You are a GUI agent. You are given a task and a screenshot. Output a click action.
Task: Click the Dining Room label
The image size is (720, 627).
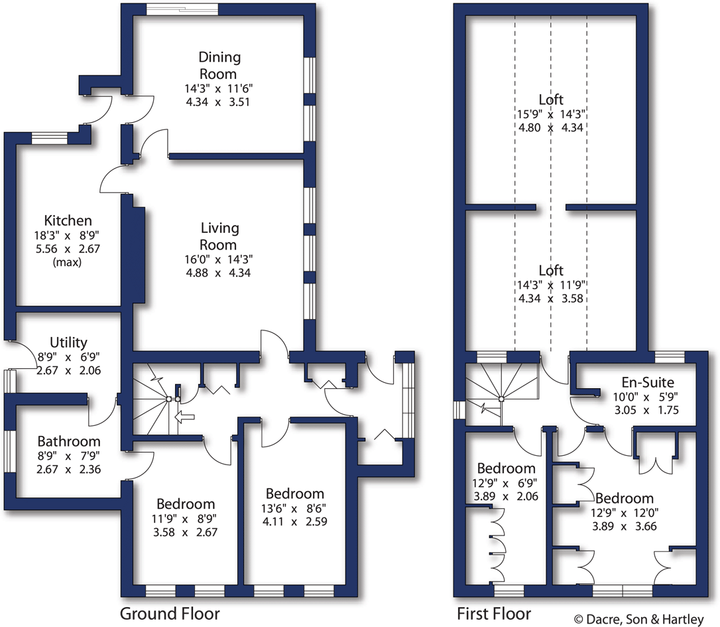coord(219,65)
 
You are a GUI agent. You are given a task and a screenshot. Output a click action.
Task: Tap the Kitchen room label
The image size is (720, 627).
coord(68,220)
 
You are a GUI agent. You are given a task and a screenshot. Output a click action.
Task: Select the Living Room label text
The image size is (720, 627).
coord(219,236)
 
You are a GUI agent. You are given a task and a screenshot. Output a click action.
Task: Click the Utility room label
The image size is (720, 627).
coord(69,342)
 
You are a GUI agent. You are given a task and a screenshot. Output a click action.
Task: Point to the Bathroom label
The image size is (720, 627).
coord(69,441)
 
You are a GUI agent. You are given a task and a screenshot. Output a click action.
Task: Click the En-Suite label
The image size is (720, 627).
coord(647,382)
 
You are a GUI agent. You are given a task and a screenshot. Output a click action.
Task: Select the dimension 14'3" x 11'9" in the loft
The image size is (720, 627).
coord(551,285)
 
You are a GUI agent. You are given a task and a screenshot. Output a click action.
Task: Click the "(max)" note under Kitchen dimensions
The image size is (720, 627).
coord(68,261)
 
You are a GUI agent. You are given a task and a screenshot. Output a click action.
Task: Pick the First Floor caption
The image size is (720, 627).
coord(493,612)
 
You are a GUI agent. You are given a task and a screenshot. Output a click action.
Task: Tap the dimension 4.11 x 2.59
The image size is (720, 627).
coord(295,521)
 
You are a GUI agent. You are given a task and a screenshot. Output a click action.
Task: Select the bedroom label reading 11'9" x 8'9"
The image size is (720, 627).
coord(185,518)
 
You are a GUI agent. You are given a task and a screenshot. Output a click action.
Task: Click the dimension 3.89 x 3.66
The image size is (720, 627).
coord(624,526)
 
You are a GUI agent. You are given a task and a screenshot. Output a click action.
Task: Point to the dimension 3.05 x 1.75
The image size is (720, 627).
coord(647,410)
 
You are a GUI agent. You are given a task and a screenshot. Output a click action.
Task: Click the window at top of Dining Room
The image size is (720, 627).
coord(182,9)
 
